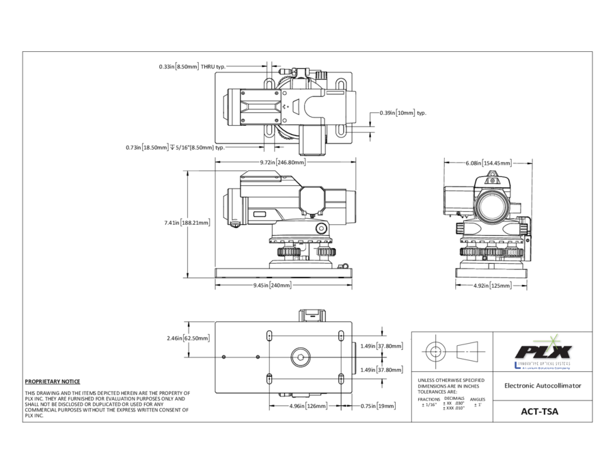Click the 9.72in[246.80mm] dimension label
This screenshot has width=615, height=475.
(282, 163)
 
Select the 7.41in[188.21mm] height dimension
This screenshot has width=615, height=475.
(187, 223)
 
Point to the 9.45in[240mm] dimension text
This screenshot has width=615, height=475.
(272, 285)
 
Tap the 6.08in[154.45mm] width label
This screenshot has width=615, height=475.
(489, 163)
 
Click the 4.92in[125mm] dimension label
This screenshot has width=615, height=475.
(493, 286)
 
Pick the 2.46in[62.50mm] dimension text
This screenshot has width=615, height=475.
(188, 338)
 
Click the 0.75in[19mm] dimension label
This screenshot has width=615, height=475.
(378, 406)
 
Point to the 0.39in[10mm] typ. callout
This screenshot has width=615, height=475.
(403, 113)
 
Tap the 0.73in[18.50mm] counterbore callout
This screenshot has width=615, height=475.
(175, 147)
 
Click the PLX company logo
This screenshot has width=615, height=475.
(543, 351)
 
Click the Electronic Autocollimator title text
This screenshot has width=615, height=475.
(542, 385)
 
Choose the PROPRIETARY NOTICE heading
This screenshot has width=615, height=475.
(52, 381)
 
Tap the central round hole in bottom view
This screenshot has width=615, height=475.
(300, 355)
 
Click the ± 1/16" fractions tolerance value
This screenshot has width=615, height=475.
(429, 405)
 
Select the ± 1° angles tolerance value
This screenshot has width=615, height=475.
(478, 405)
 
